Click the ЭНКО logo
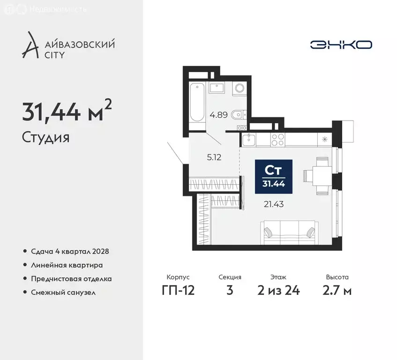click(x=341, y=45)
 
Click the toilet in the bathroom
click(x=238, y=114)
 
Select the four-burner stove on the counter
click(x=277, y=139)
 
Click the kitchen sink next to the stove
click(x=249, y=139)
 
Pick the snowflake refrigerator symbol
click(x=324, y=139)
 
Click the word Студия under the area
click(x=45, y=138)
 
